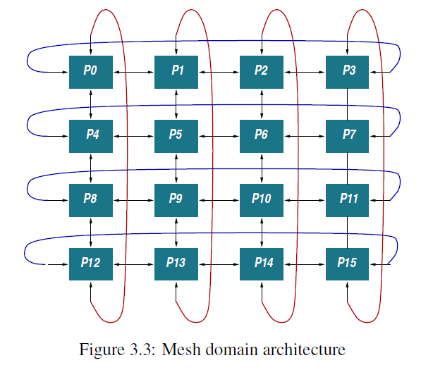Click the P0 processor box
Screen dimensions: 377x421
(x=91, y=70)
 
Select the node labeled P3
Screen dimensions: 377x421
(x=348, y=70)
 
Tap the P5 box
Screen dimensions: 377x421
(x=176, y=135)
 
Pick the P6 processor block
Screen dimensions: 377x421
(x=262, y=135)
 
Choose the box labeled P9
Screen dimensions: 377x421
(x=176, y=199)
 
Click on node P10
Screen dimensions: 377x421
(x=262, y=199)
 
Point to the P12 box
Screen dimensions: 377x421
(x=91, y=263)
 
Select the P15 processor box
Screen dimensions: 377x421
(x=348, y=263)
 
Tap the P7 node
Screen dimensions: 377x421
(x=348, y=135)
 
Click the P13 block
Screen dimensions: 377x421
(x=176, y=263)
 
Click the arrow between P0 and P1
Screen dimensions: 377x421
(x=134, y=70)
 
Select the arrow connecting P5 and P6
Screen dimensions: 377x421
(x=219, y=135)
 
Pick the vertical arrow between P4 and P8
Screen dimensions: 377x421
(x=91, y=166)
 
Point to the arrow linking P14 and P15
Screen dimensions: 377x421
(x=305, y=263)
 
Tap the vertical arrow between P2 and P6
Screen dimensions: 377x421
(x=262, y=103)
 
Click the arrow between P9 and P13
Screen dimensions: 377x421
(x=176, y=231)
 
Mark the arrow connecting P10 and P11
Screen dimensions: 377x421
(x=305, y=199)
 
